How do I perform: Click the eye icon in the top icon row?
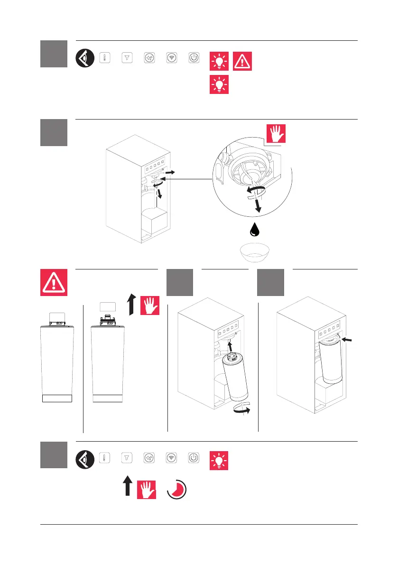click(85, 58)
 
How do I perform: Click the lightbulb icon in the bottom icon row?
click(219, 460)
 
